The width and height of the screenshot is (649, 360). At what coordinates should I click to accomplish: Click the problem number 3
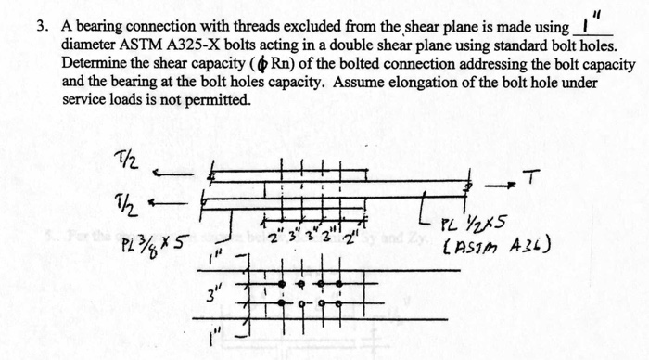(41, 28)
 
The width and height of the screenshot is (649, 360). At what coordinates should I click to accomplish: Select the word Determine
(94, 64)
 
